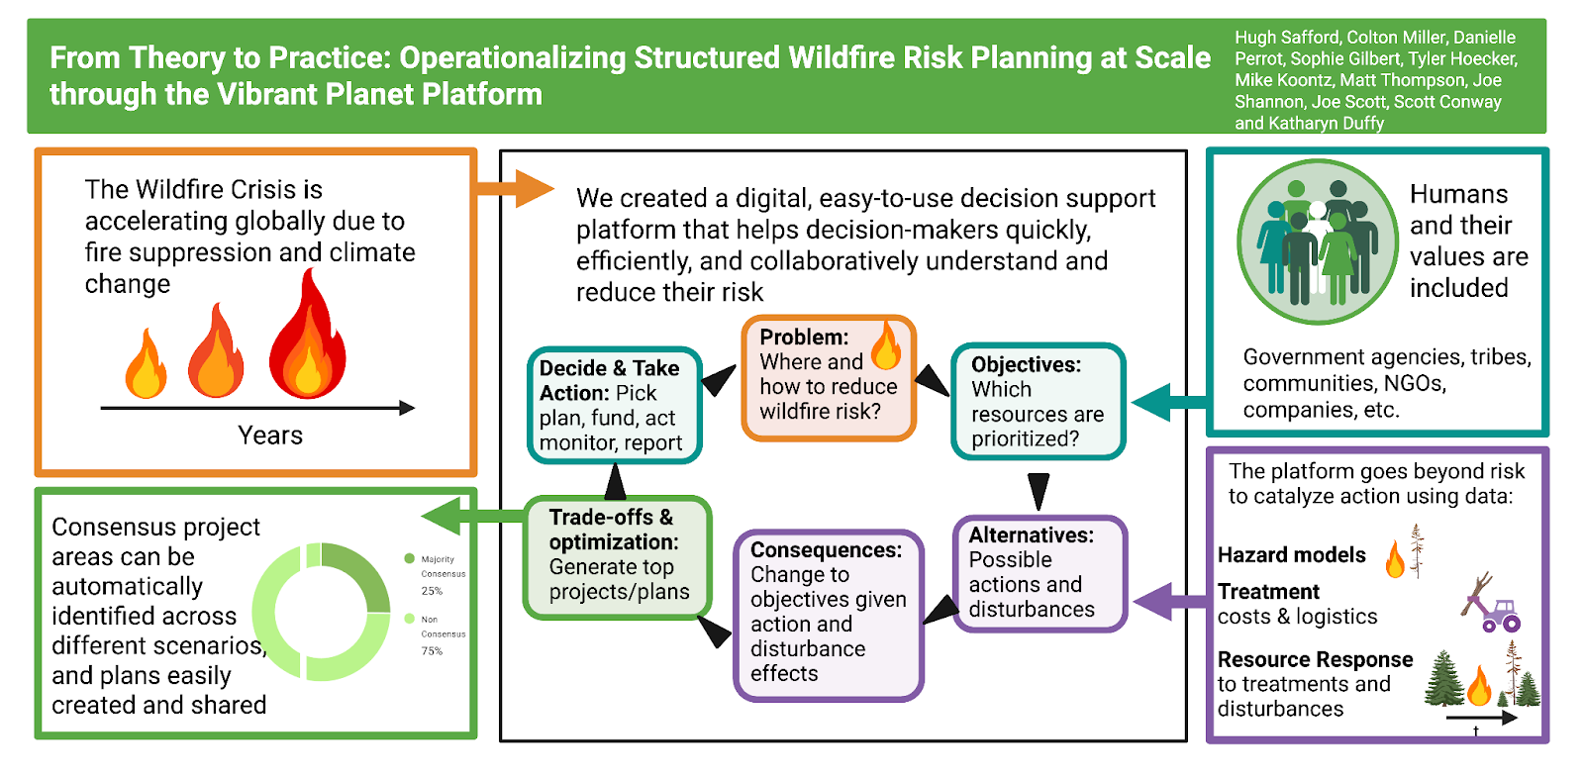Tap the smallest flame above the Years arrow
coord(146,365)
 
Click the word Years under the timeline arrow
coord(269,436)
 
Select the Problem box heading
coord(804,337)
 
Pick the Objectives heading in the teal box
coord(1026,364)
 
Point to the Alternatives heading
coord(1031,535)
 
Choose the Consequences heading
coord(826,550)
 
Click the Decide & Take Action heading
coord(609,380)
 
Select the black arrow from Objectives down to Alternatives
coord(1038,490)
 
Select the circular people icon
coord(1317,243)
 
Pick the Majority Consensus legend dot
coord(409,559)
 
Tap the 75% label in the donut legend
coord(432,651)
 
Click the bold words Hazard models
coord(1291,555)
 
